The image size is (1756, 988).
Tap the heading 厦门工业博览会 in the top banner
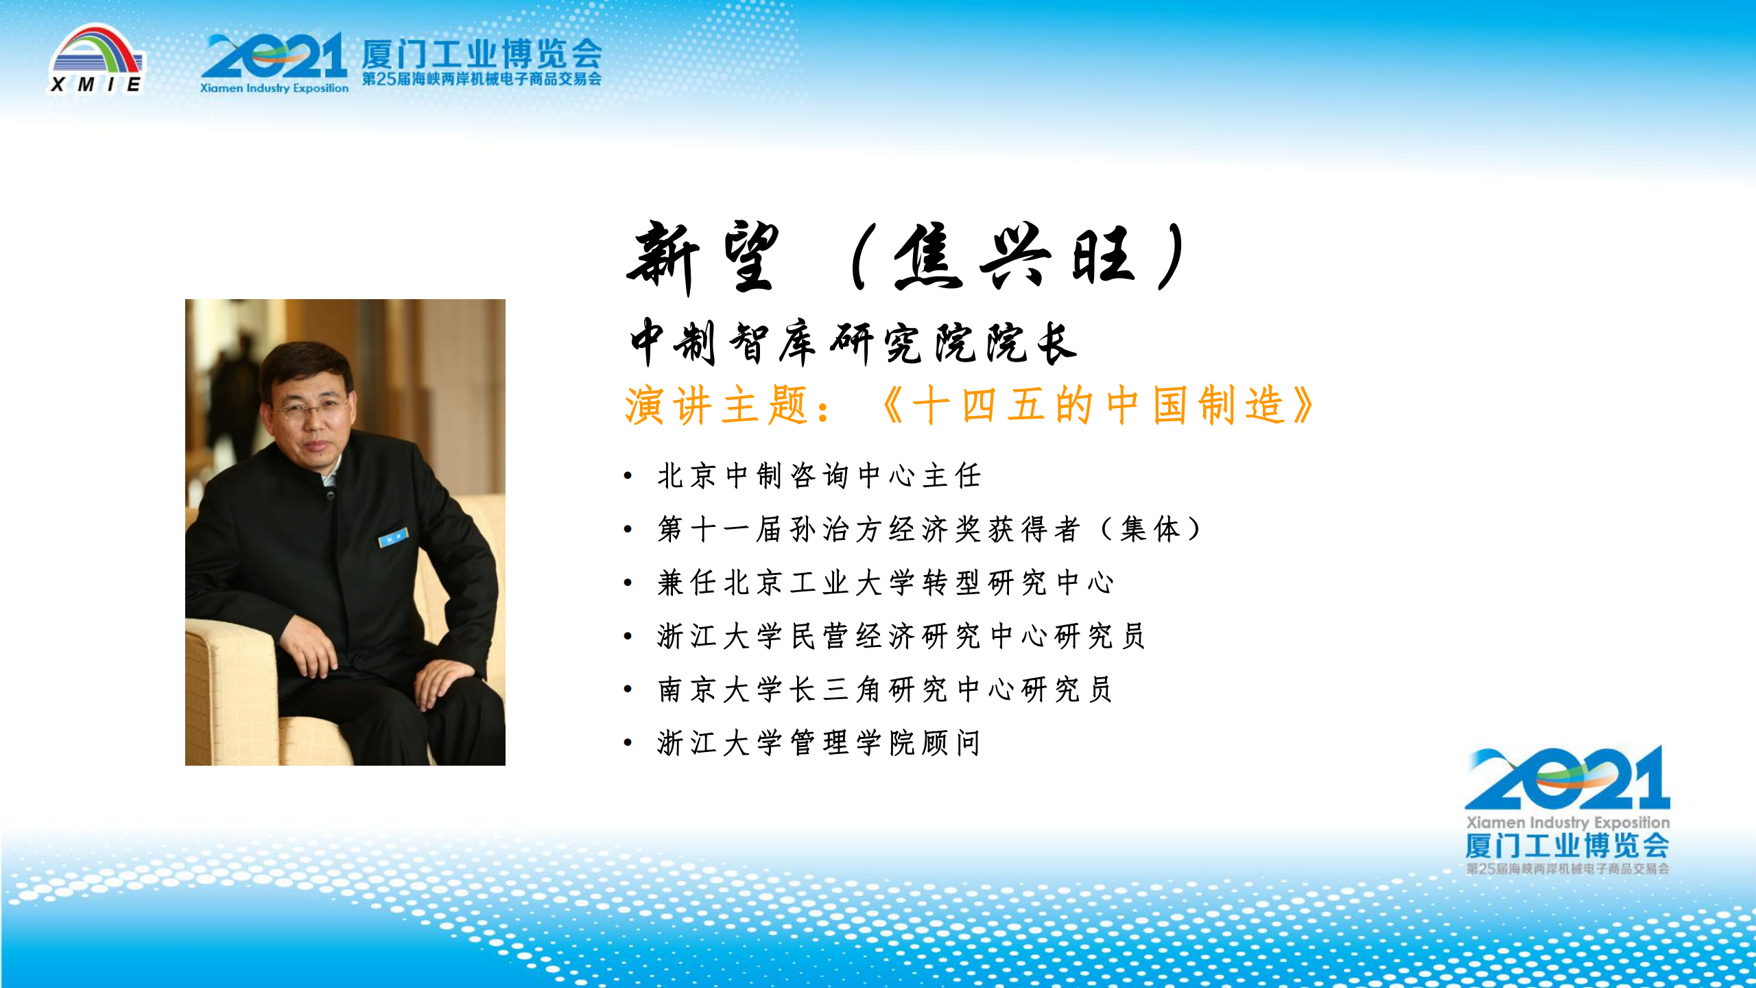[482, 54]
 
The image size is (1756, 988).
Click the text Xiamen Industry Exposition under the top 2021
[274, 88]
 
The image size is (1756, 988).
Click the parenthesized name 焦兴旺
[1015, 256]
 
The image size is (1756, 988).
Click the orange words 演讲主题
[716, 405]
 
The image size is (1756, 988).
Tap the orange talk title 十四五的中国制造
[1098, 405]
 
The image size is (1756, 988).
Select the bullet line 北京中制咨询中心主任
[819, 475]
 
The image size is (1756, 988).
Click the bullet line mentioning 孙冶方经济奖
[929, 529]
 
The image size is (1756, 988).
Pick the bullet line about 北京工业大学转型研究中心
[886, 583]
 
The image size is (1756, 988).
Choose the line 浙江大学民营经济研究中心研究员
[901, 636]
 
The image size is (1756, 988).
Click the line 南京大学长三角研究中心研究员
[885, 690]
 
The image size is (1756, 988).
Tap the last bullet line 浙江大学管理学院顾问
[818, 743]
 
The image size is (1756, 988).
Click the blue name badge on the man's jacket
[394, 537]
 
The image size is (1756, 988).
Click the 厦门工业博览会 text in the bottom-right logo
[1567, 845]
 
